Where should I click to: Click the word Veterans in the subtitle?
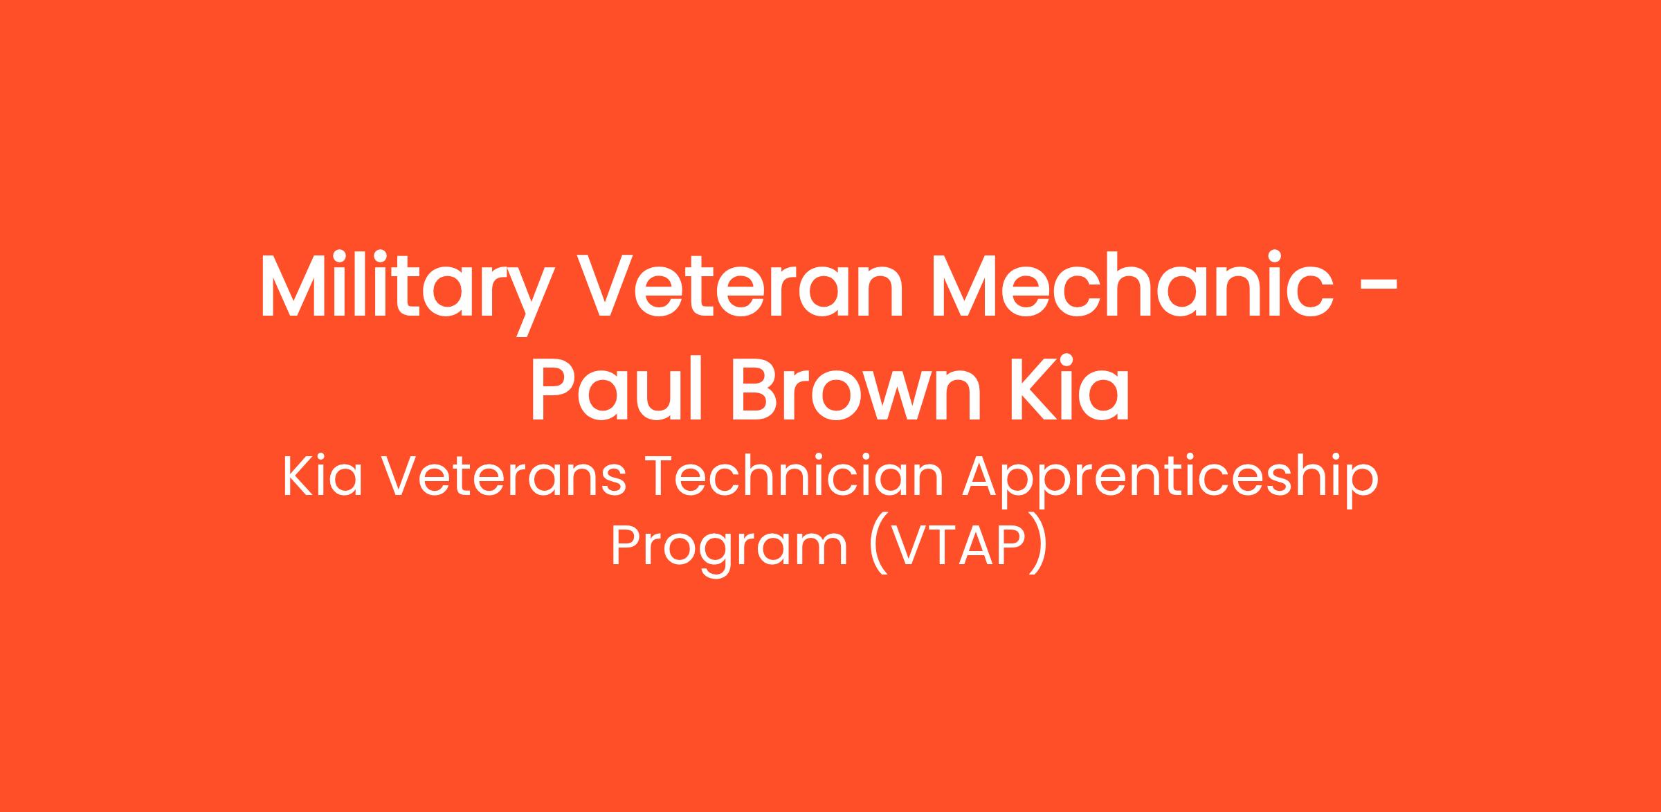click(x=505, y=478)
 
